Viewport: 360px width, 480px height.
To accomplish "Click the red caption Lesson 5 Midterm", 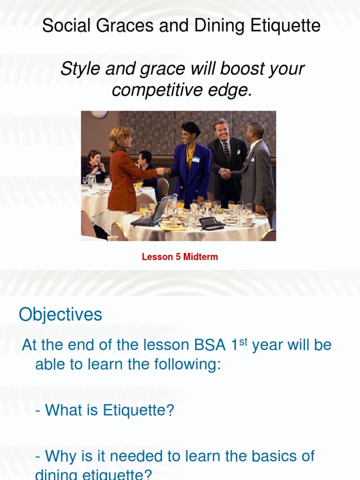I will tap(180, 257).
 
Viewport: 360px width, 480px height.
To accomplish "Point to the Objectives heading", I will tap(60, 315).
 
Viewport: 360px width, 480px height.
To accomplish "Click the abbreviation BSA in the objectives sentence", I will tap(209, 345).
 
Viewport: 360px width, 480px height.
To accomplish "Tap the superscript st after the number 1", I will tap(243, 341).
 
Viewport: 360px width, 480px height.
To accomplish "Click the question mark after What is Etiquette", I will tap(170, 411).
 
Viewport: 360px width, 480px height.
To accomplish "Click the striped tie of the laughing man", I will tap(226, 154).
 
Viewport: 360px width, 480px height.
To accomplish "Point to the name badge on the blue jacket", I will tap(196, 159).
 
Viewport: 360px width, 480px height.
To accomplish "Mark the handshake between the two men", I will tap(226, 174).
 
